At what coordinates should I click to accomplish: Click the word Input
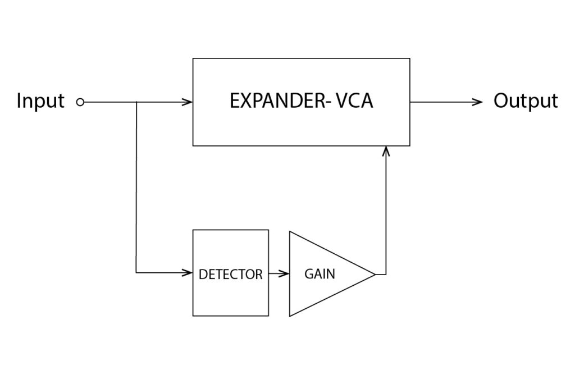pyautogui.click(x=40, y=102)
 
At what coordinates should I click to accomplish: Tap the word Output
pyautogui.click(x=526, y=101)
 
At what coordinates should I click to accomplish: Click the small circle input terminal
pyautogui.click(x=80, y=102)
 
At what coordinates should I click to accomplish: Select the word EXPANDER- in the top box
pyautogui.click(x=277, y=101)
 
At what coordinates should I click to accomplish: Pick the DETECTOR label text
pyautogui.click(x=230, y=275)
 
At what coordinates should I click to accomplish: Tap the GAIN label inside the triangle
pyautogui.click(x=320, y=274)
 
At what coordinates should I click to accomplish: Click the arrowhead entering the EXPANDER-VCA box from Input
pyautogui.click(x=188, y=102)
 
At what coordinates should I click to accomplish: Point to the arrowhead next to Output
pyautogui.click(x=478, y=102)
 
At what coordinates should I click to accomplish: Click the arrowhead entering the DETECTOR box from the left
pyautogui.click(x=188, y=272)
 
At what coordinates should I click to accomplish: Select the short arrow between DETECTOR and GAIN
pyautogui.click(x=279, y=273)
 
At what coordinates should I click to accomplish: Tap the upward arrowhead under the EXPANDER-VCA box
pyautogui.click(x=385, y=150)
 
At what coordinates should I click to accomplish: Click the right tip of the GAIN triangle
pyautogui.click(x=375, y=274)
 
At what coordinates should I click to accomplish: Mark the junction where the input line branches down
pyautogui.click(x=137, y=102)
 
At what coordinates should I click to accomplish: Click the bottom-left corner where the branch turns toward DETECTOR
pyautogui.click(x=136, y=272)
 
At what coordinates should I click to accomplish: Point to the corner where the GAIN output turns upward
pyautogui.click(x=386, y=274)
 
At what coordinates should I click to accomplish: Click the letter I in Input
pyautogui.click(x=19, y=101)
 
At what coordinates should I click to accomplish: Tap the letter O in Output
pyautogui.click(x=501, y=101)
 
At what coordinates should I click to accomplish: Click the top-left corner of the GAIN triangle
pyautogui.click(x=290, y=231)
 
